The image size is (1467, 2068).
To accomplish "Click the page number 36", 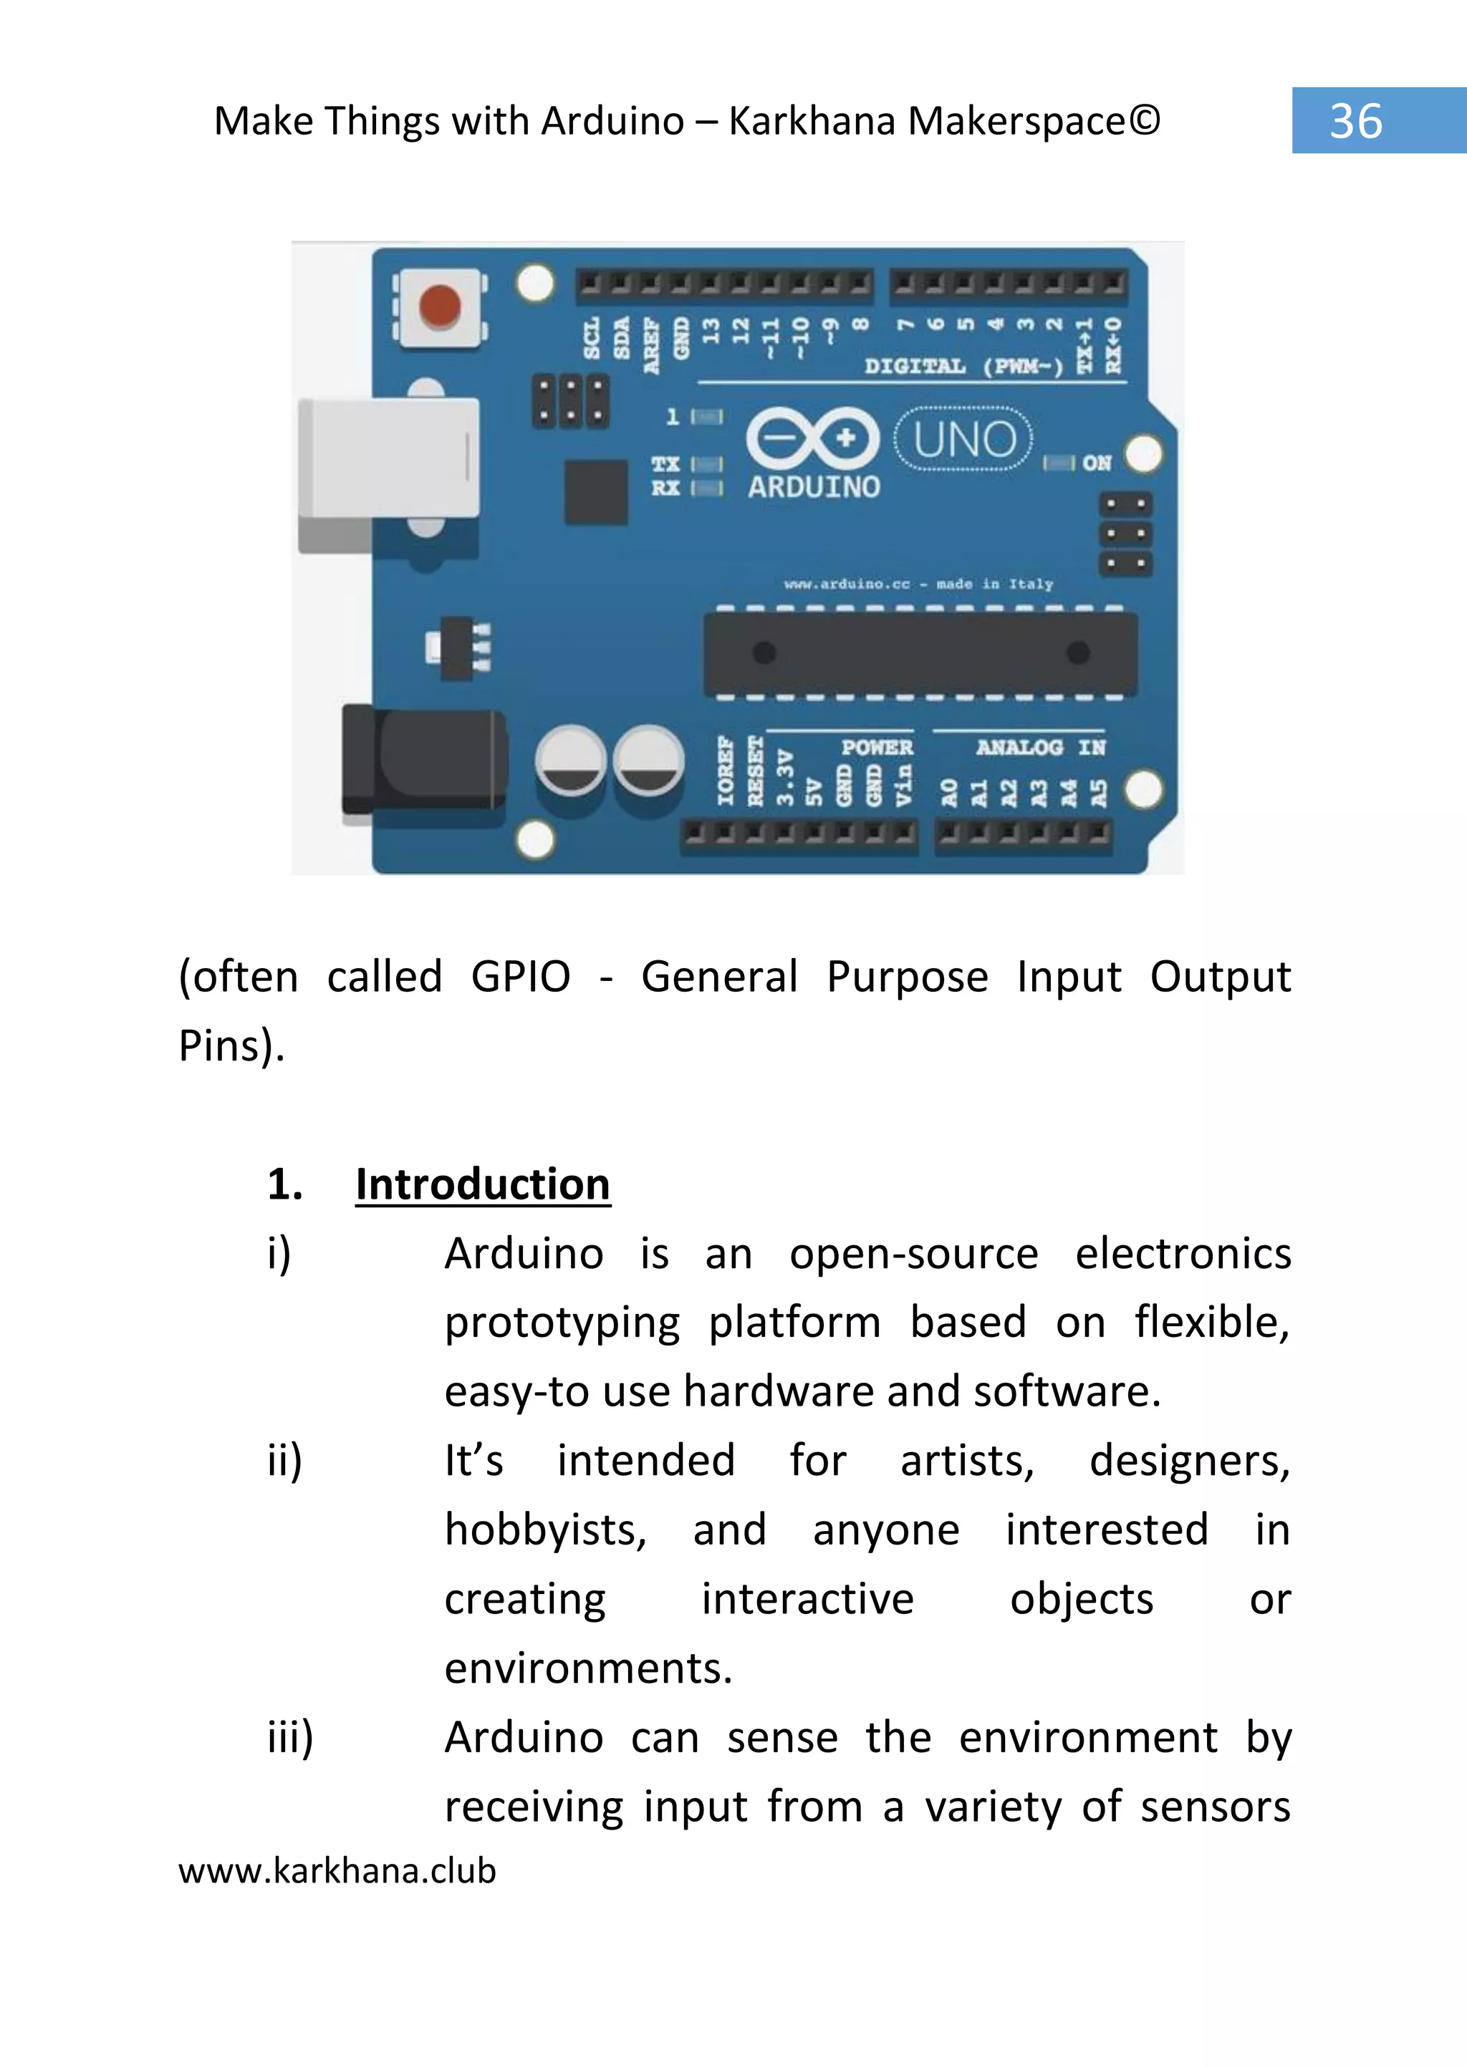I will pyautogui.click(x=1355, y=121).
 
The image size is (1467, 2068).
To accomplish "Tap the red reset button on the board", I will pyautogui.click(x=440, y=306).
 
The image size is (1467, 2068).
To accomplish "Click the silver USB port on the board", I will pyautogui.click(x=388, y=459).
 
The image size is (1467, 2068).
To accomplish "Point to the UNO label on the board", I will pyautogui.click(x=964, y=440).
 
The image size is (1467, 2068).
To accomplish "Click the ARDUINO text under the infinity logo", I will pyautogui.click(x=813, y=488).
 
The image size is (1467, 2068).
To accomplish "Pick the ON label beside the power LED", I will pyautogui.click(x=1097, y=463).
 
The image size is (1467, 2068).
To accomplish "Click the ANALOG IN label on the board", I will pyautogui.click(x=1040, y=747).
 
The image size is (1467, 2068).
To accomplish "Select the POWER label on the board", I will pyautogui.click(x=876, y=747).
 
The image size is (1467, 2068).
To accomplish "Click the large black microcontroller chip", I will pyautogui.click(x=920, y=653).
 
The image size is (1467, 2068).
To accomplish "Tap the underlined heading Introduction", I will pyautogui.click(x=482, y=1184).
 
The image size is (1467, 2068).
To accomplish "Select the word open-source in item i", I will pyautogui.click(x=913, y=1255).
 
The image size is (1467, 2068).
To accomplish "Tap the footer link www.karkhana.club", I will pyautogui.click(x=337, y=1870).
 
